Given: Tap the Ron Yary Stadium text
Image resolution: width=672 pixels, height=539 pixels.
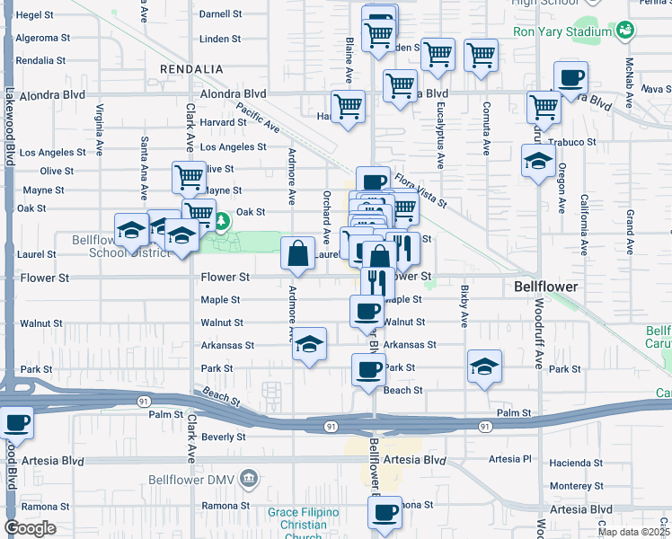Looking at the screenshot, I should (562, 31).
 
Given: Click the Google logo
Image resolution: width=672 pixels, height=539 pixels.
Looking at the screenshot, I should (30, 528).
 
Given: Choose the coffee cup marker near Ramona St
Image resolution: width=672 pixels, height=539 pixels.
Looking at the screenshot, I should (385, 512).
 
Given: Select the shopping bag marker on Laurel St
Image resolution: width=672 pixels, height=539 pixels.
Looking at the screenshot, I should (298, 254).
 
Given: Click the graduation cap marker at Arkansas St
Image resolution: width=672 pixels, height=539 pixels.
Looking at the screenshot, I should (309, 345).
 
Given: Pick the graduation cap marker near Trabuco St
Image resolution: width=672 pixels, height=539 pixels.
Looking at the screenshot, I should (538, 161).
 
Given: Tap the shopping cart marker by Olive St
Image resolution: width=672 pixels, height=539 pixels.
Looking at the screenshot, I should (189, 177).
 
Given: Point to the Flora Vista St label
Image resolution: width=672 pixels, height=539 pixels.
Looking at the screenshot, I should (420, 190).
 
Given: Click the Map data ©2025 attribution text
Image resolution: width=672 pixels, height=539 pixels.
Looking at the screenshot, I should (632, 532).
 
